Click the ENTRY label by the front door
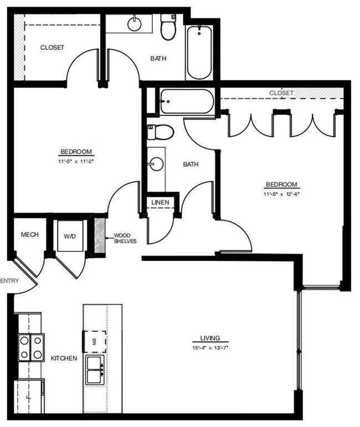coord(9,281)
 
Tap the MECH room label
coord(29,235)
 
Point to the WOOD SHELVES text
coord(125,238)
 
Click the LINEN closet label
coord(160,203)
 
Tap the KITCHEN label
coord(64,358)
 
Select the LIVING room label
coord(210,338)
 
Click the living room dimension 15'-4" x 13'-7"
coord(210,347)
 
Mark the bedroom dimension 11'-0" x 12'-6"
coord(281,194)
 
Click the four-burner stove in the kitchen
coord(31,348)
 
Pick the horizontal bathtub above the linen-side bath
coord(186,101)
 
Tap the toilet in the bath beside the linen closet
coord(160,132)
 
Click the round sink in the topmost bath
coord(133,24)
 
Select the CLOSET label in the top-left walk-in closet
coord(52,48)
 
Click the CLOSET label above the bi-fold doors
coord(281,93)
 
